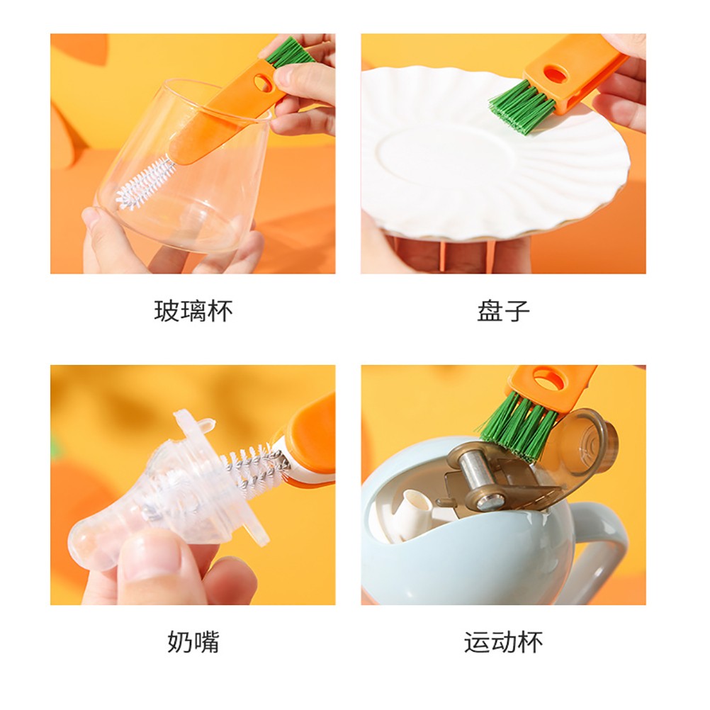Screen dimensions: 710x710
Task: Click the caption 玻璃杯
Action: [x=193, y=311]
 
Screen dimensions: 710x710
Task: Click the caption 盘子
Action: [x=503, y=311]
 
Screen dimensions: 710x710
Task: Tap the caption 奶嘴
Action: [x=193, y=642]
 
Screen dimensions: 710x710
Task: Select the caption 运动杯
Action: [x=503, y=642]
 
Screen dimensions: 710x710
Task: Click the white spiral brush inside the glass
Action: [x=145, y=184]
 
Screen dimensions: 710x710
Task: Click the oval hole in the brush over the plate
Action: [x=556, y=73]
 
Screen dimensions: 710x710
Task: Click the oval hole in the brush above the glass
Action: [x=263, y=82]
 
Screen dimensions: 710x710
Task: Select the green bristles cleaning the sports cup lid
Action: [x=515, y=426]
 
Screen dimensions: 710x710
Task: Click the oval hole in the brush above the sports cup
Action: [x=549, y=380]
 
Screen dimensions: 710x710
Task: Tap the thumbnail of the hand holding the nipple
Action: [x=150, y=555]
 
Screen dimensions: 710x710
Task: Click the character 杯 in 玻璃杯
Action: [x=220, y=311]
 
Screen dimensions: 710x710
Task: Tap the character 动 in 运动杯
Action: [x=503, y=642]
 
